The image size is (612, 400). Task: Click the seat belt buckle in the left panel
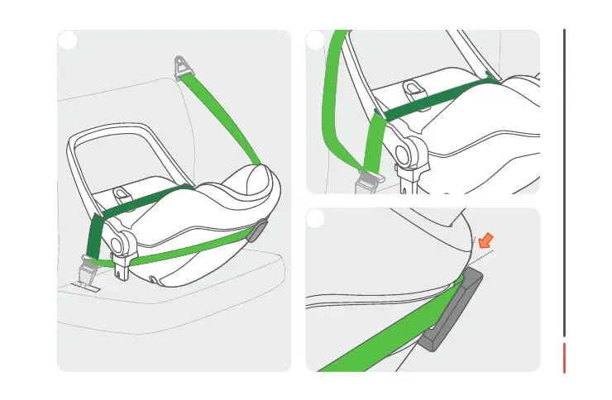click(88, 269)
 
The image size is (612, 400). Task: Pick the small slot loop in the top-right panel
click(411, 88)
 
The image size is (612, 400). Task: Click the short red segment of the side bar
click(565, 357)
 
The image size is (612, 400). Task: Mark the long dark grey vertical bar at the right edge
click(565, 182)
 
